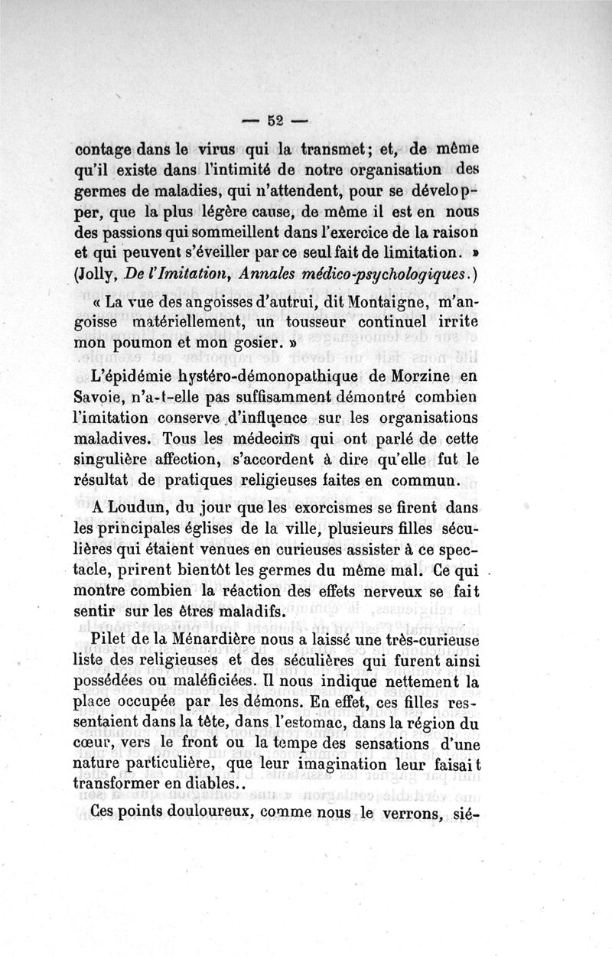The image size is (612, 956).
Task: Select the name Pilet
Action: coord(109,638)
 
